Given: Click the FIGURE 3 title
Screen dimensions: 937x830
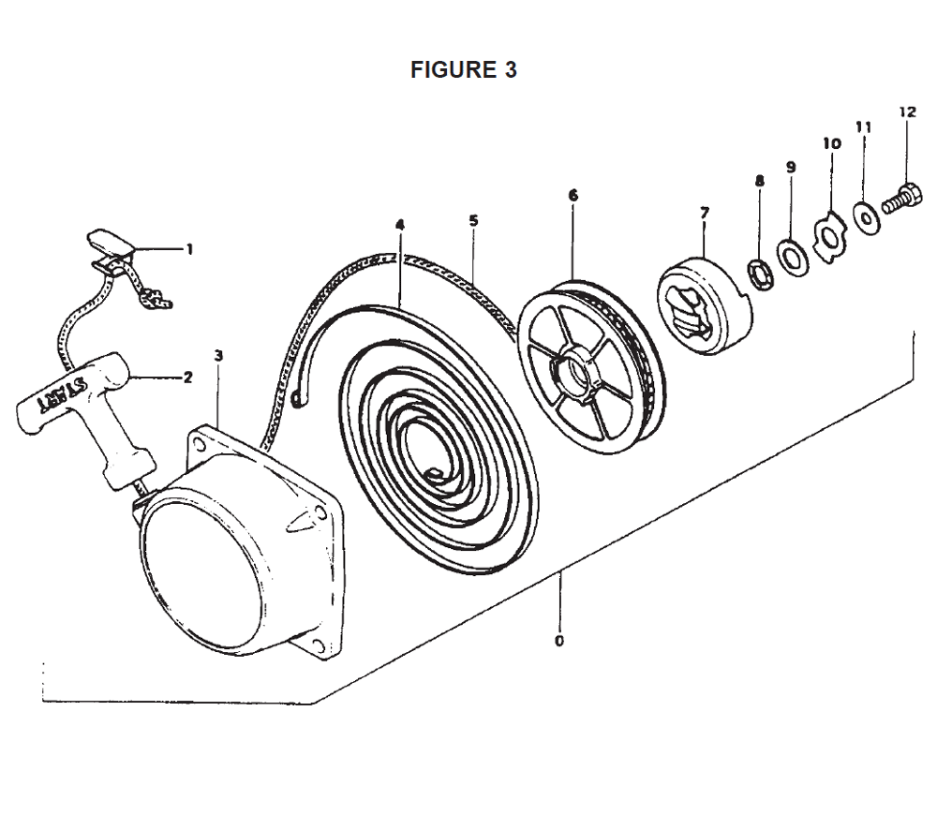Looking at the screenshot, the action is [463, 70].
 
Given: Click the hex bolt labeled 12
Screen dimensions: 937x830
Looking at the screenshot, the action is [902, 200].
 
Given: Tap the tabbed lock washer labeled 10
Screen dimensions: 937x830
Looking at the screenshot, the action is [830, 239].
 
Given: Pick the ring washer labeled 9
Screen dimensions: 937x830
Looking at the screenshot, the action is [793, 257].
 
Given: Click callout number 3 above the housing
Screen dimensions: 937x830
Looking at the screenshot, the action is [218, 356].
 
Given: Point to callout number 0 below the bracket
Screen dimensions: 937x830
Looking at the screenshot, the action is [559, 641].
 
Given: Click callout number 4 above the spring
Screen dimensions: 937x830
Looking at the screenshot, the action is [400, 225].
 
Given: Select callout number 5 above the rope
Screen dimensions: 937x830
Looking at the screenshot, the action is [473, 221].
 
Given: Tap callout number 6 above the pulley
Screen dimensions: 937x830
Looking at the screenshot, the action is [573, 196].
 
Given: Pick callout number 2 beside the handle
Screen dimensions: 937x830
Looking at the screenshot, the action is [187, 377].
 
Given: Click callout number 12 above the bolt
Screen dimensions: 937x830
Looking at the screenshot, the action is [907, 111].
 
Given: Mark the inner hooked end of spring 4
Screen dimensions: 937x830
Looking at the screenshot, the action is [434, 473].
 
